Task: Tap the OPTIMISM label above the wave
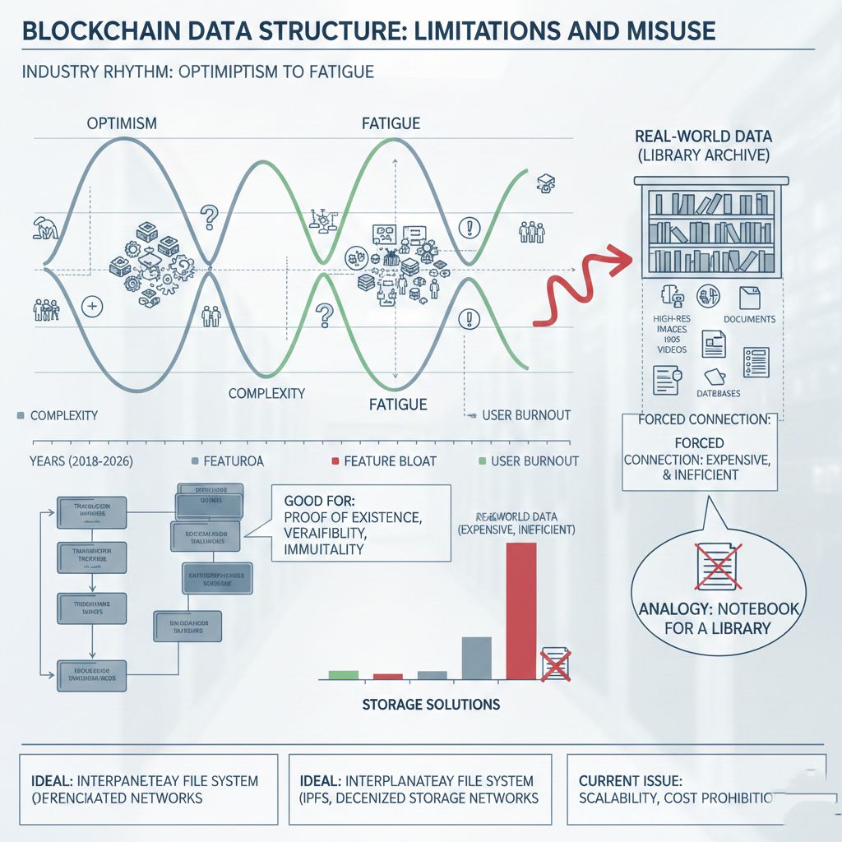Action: [122, 124]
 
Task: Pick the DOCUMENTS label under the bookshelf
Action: [749, 319]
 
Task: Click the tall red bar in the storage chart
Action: [520, 611]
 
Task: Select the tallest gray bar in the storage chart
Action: [476, 658]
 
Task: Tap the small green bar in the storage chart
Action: [344, 674]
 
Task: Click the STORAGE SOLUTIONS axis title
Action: [431, 705]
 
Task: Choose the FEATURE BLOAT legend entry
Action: [390, 461]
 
